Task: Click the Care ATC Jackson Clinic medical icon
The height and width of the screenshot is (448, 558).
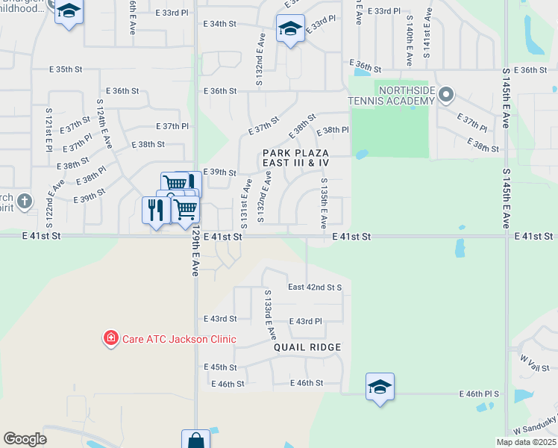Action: pos(111,339)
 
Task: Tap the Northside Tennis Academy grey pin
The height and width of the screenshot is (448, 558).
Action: pos(446,95)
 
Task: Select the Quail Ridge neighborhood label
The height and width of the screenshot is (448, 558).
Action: pos(307,347)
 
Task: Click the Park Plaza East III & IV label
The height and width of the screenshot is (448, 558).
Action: pos(295,158)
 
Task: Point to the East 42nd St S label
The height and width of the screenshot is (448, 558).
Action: pos(315,287)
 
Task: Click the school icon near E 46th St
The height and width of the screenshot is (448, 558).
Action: pos(380,387)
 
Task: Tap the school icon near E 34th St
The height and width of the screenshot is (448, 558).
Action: pos(289,28)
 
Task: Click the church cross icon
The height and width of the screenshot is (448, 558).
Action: pos(24,201)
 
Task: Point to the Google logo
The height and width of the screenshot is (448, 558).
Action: pos(25,438)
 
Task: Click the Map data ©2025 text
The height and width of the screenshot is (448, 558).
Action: pos(526,442)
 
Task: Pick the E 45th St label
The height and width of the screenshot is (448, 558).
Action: pos(220,367)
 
